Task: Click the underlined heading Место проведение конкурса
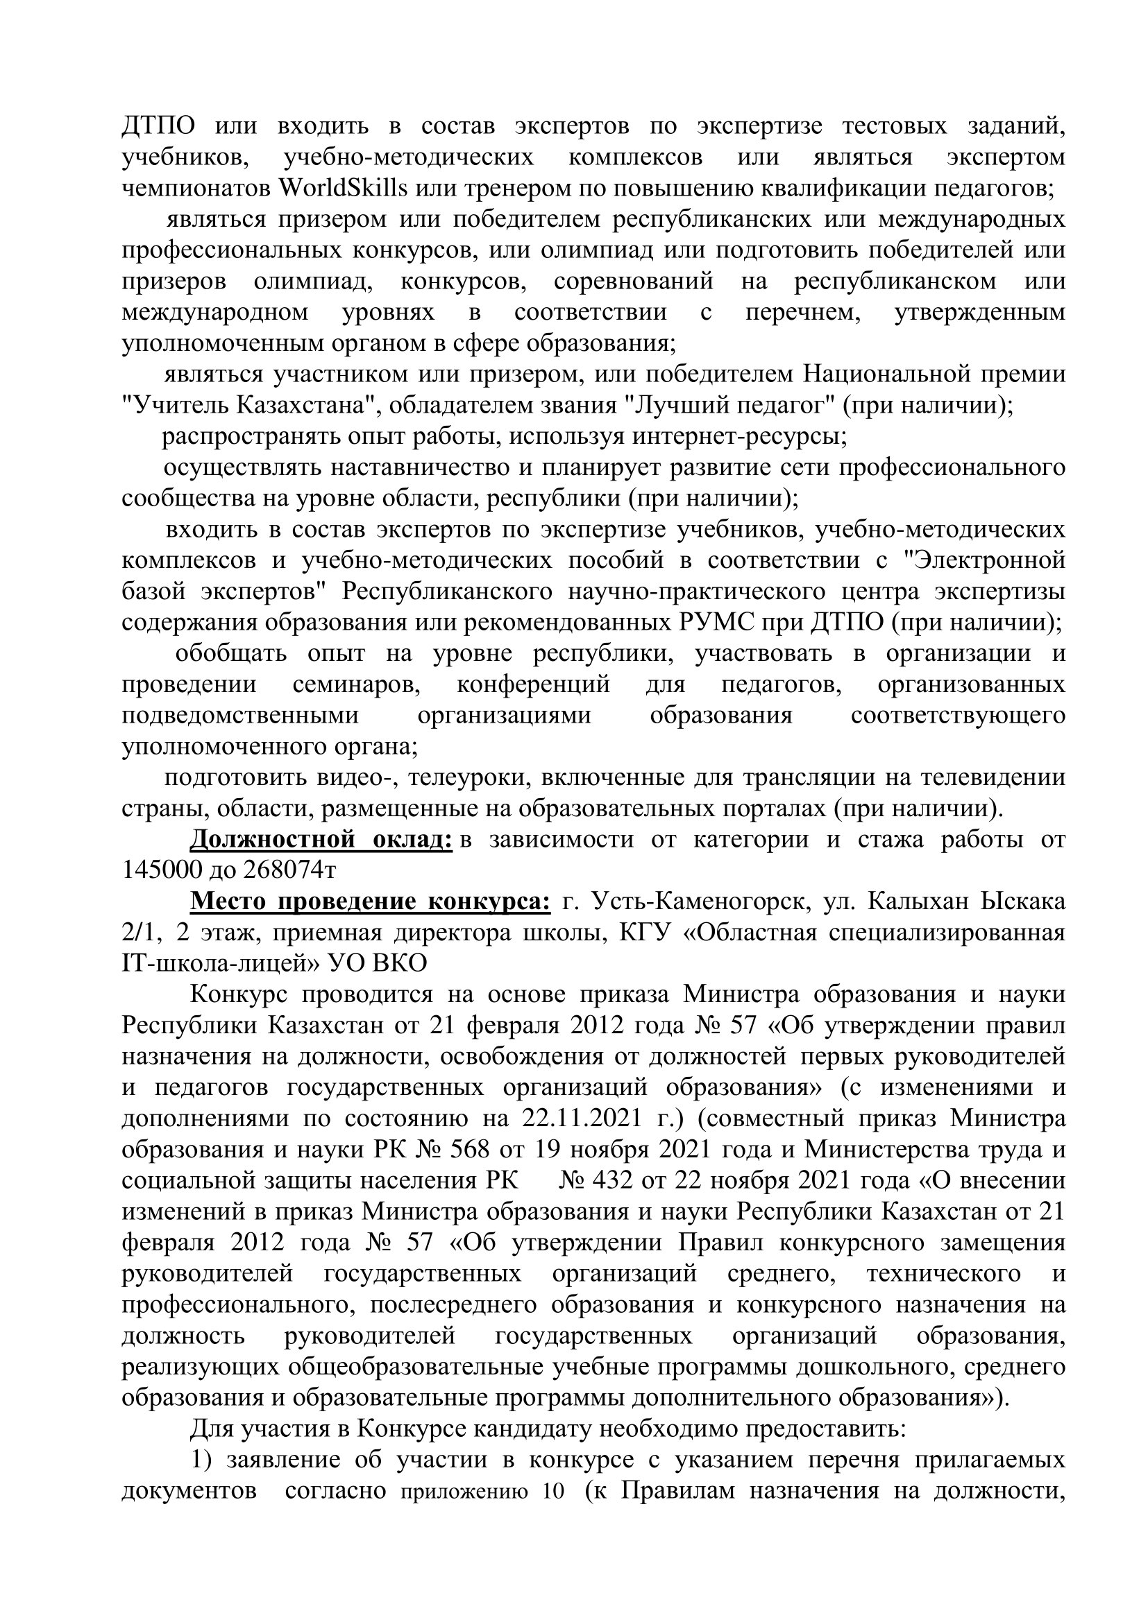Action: click(x=371, y=901)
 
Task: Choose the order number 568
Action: click(x=469, y=1149)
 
